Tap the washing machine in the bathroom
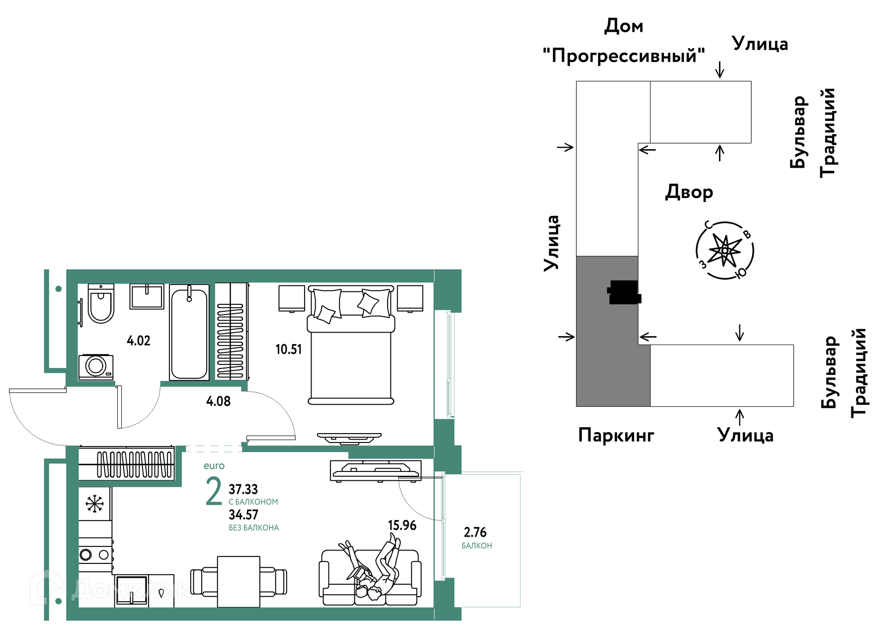click(96, 367)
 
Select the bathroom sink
click(147, 296)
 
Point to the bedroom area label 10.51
click(288, 349)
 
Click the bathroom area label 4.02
click(138, 341)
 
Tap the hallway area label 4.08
click(218, 401)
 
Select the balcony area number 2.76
click(475, 532)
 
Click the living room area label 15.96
click(402, 526)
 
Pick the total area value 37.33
click(243, 489)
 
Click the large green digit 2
click(214, 491)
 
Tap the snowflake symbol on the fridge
click(95, 504)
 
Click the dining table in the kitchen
click(239, 582)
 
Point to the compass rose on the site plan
click(724, 250)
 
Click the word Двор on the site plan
click(689, 192)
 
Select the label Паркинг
click(616, 435)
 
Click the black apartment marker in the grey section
click(624, 292)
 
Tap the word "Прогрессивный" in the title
click(624, 56)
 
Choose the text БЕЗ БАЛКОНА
click(254, 528)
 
